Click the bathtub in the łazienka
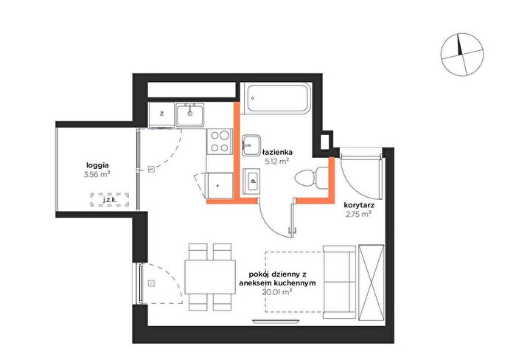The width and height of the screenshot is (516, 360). point(279,98)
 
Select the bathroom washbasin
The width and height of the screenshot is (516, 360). point(251,145)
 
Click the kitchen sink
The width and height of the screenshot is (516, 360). point(190,114)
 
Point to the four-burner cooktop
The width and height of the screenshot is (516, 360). point(220,142)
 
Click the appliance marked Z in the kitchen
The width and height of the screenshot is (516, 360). point(161,114)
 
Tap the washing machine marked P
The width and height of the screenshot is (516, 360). point(251,181)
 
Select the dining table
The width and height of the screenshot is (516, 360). point(210,277)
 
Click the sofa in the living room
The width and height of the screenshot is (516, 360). point(339,282)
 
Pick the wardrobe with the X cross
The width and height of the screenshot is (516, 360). point(372,282)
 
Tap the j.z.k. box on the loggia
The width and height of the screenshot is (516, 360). point(110,200)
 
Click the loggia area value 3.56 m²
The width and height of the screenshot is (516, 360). point(97,175)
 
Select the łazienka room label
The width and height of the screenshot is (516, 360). point(277,153)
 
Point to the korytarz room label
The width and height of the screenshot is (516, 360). point(359,205)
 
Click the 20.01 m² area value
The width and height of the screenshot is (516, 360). point(277,291)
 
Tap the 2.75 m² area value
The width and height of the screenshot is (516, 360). point(358,215)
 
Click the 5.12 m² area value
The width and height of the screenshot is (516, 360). point(277,161)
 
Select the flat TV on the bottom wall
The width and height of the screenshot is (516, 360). point(276,321)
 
